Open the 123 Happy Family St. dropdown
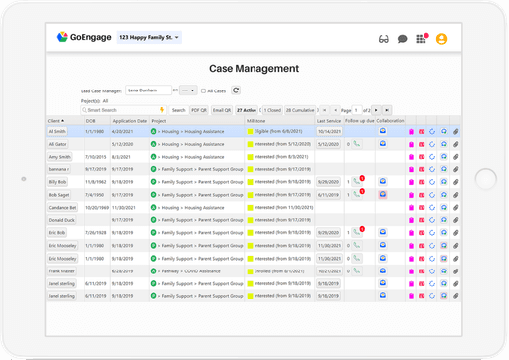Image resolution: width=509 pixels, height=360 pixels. [x=149, y=38]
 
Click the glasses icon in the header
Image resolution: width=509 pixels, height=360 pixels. [x=384, y=39]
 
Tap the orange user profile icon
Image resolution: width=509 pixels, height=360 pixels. [x=441, y=39]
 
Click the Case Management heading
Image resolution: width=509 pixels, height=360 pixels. [x=254, y=69]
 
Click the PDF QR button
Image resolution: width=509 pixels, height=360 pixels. [x=199, y=110]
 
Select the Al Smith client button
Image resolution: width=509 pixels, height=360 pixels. [x=57, y=130]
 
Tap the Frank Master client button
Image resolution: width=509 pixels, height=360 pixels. [x=62, y=270]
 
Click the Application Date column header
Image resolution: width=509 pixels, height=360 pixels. [x=129, y=120]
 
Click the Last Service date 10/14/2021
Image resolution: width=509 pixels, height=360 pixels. [x=329, y=130]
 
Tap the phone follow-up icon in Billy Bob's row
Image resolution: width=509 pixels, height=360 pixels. [x=355, y=181]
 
